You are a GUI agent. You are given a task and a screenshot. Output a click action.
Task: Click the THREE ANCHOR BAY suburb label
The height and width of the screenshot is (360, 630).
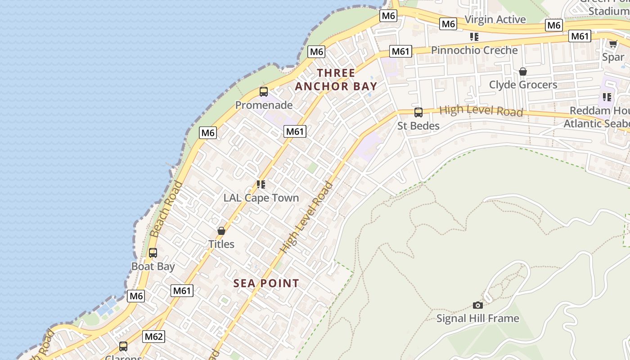336,80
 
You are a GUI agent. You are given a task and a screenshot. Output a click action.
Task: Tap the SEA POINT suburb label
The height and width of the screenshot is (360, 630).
266,283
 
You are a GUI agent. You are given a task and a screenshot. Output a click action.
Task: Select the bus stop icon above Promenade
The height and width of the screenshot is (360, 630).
264,92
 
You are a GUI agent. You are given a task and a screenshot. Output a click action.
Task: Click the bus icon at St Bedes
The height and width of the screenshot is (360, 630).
418,112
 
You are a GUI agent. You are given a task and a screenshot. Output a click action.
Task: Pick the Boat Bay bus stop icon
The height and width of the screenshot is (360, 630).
153,253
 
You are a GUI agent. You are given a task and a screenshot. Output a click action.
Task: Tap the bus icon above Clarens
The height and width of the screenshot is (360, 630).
123,346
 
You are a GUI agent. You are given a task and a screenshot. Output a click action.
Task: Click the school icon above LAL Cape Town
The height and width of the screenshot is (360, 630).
261,184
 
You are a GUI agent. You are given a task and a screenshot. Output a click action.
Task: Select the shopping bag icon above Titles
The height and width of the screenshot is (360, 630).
221,231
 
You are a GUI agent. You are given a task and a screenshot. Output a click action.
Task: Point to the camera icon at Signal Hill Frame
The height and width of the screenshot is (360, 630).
478,306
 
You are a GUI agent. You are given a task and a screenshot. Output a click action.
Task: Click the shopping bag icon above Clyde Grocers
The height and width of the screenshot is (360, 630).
523,72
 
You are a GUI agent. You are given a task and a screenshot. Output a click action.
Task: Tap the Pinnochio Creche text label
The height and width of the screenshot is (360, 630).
474,50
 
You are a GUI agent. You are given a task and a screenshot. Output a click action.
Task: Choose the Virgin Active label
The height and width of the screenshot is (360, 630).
495,19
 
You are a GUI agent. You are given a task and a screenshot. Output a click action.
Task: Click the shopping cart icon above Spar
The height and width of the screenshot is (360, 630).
613,44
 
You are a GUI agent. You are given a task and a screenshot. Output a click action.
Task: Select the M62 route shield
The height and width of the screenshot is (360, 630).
154,337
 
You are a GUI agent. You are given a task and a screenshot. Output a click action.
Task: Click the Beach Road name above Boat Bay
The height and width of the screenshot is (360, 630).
166,209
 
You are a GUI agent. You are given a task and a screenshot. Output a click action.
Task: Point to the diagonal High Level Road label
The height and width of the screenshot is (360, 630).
306,217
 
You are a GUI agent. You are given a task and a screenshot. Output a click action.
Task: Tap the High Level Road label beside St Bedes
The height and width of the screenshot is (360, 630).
481,111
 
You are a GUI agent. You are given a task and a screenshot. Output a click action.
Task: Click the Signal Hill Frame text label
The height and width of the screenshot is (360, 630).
478,319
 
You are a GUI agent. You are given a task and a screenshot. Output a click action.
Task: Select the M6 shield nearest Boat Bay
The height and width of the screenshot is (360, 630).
136,296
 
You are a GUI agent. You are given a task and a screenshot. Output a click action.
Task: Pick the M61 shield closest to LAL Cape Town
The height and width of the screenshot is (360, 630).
295,131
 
